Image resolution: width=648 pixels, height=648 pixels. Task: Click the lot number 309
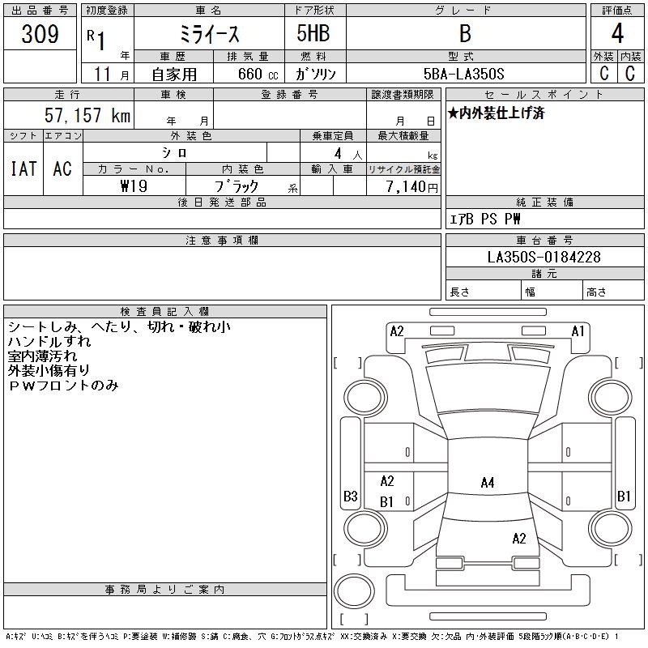40,35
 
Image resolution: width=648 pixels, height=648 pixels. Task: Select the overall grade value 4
617,35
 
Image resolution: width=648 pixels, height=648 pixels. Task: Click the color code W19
134,185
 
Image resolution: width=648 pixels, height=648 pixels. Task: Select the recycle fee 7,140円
411,186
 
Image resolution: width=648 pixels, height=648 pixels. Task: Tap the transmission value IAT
23,168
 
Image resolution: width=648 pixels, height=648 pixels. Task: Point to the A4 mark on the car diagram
488,483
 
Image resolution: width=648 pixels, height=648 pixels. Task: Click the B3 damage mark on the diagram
351,497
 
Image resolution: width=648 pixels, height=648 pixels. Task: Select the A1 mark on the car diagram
578,330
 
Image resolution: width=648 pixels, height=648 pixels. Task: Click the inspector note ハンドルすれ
49,342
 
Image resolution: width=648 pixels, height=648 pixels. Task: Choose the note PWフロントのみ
63,386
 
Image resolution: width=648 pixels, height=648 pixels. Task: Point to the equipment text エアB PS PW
485,219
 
